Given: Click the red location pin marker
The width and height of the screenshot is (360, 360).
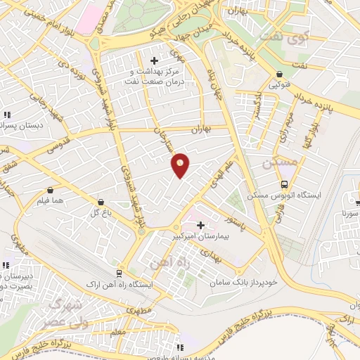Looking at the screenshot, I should tap(181, 165).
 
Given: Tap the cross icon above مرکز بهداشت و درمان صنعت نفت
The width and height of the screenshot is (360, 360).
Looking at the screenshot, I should tap(155, 61).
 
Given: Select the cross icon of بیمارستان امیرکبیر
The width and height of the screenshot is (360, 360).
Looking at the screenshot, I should tap(202, 226).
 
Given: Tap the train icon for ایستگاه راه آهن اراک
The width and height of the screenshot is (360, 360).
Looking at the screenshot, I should tap(119, 273).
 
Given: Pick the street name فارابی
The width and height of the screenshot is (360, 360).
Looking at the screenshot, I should tap(276, 214).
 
